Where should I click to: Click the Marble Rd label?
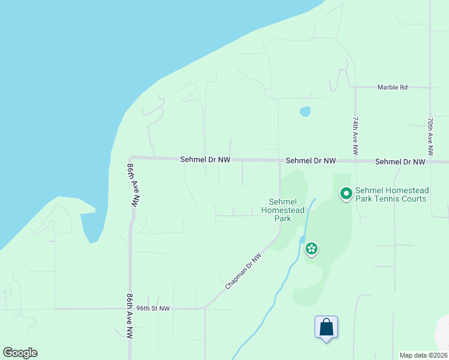393,88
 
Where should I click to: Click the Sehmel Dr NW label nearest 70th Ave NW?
400,162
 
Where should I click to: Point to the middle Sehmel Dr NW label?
311,161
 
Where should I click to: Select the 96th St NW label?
153,308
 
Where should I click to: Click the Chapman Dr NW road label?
244,272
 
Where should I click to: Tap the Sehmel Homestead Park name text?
283,210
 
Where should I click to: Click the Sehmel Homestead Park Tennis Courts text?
391,194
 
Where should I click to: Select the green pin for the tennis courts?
346,194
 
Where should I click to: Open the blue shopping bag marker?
326,328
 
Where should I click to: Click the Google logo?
20,353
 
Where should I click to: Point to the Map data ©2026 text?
423,355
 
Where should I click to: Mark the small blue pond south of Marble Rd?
306,112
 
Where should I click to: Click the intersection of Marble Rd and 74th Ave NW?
355,88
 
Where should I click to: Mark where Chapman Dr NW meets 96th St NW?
205,308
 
